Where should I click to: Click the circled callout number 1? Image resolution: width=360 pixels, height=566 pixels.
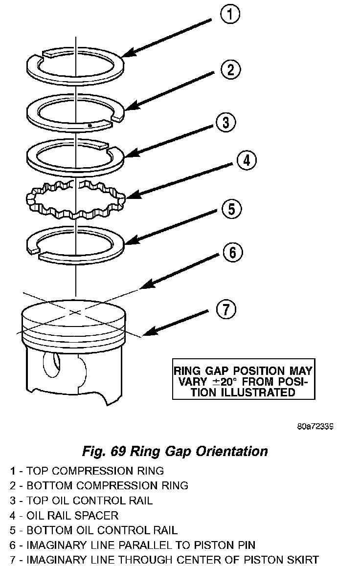(x=230, y=15)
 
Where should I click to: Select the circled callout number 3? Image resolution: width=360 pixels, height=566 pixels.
(x=225, y=122)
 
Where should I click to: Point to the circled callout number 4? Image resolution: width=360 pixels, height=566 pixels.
(x=246, y=160)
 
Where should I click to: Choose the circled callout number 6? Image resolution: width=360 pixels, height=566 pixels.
(x=232, y=252)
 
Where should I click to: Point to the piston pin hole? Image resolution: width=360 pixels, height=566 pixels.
(x=50, y=364)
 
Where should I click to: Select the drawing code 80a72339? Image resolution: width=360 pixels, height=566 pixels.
(x=315, y=426)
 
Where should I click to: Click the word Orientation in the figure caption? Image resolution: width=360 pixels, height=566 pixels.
(x=231, y=451)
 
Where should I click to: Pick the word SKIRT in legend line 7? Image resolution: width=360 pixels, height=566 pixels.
(x=302, y=559)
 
